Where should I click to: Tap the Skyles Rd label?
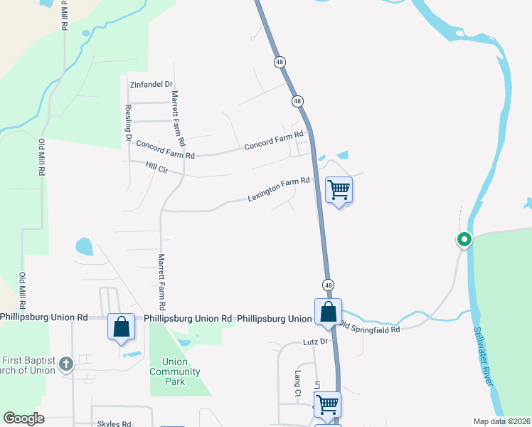coord(114,423)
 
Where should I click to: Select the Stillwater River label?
coord(483,356)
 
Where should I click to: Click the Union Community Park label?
coord(175,371)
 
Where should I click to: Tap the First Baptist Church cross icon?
coord(65,364)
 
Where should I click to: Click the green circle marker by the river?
coord(464,240)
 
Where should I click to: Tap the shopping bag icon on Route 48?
coord(328,312)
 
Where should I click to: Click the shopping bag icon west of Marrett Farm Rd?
coord(121,327)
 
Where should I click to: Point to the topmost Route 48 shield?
coord(280,62)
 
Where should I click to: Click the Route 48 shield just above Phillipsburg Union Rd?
coord(328,285)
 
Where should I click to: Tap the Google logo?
coord(23,418)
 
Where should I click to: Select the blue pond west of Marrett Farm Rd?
coord(84,247)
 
